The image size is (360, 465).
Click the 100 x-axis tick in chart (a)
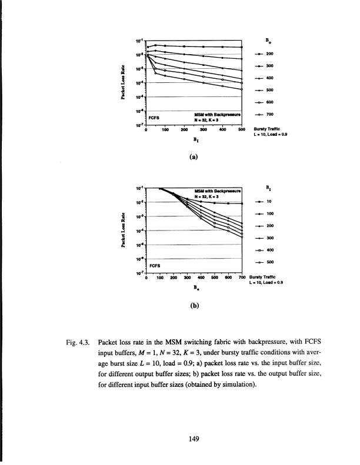pyautogui.click(x=165, y=131)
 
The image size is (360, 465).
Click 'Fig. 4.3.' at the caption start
pyautogui.click(x=83, y=342)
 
